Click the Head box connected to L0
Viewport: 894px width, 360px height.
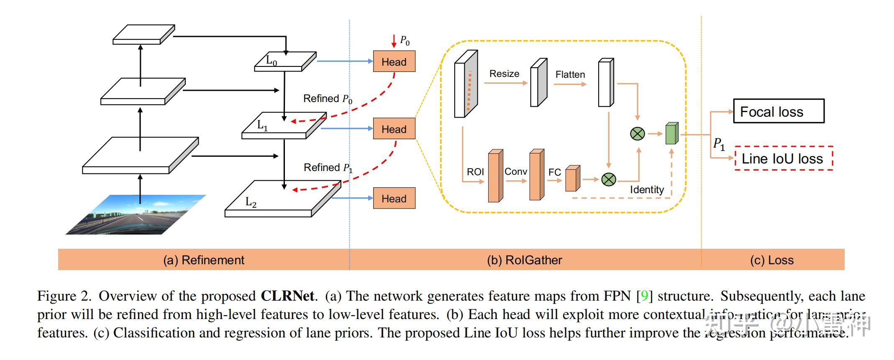(394, 61)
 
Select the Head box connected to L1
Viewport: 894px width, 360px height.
(394, 129)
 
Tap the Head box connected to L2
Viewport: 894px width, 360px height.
(394, 198)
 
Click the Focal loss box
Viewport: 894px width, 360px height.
(778, 111)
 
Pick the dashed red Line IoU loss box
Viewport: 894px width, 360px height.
(784, 158)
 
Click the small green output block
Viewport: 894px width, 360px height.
(671, 134)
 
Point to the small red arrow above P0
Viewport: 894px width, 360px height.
(394, 41)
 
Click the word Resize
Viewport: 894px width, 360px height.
(504, 74)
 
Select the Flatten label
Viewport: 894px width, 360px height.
(570, 74)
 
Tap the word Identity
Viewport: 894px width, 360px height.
(647, 189)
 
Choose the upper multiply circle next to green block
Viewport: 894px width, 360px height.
(637, 134)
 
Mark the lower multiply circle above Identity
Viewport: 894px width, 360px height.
(609, 179)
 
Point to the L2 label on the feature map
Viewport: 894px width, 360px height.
(251, 202)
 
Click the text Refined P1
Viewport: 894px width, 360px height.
(328, 168)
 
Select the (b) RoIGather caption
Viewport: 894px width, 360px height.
(524, 260)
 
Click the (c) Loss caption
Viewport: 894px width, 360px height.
(771, 260)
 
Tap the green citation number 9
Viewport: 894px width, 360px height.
(644, 296)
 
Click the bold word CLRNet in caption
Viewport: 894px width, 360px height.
(287, 296)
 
